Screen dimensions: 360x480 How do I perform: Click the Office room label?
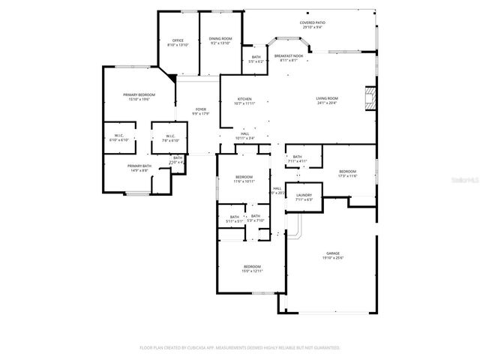178,40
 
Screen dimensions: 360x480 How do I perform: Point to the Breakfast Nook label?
289,56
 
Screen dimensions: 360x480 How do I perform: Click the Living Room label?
326,98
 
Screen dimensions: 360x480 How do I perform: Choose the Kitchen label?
245,99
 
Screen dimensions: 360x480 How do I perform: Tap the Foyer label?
201,109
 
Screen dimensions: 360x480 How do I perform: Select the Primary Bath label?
139,166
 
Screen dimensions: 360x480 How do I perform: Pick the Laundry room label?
304,195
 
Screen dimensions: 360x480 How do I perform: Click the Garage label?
333,253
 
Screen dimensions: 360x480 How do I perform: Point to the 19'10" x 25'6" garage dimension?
333,258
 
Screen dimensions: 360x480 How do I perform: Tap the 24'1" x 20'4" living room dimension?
326,103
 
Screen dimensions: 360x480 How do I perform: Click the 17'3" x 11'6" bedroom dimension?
347,176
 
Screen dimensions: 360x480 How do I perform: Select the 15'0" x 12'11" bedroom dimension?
252,271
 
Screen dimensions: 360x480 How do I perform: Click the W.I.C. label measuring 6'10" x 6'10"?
118,136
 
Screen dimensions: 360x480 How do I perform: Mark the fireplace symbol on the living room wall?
368,97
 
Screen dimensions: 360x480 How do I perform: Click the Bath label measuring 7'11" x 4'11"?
298,157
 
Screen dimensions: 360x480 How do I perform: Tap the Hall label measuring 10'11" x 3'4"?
245,134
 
